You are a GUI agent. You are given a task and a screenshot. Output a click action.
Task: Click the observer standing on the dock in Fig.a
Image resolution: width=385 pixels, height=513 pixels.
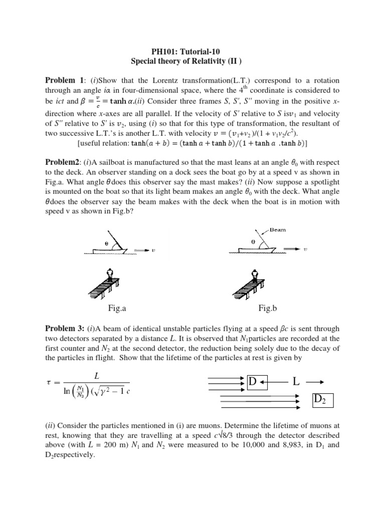[x=110, y=275]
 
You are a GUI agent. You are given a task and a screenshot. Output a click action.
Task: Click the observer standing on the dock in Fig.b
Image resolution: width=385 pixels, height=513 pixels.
[x=255, y=275]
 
